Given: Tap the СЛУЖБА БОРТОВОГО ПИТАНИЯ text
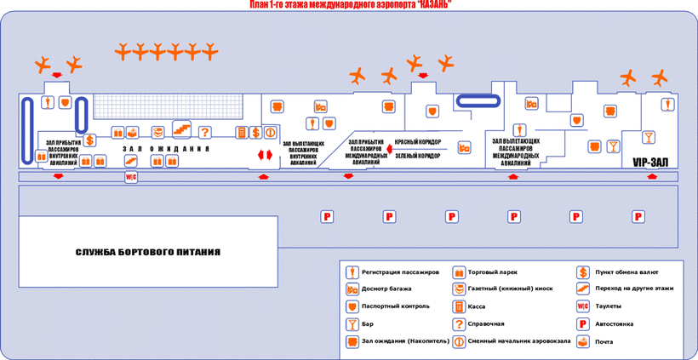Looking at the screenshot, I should coord(148,252).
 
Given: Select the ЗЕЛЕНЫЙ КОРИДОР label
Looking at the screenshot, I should coord(417,156).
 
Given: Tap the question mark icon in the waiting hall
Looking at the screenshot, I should coord(204,132).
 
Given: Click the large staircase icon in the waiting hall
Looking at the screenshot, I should coord(182,129).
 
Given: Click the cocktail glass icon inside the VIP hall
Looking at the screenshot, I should coord(649,137).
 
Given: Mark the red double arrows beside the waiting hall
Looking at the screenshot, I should coord(265,155).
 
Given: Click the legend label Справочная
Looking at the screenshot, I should coord(486,323).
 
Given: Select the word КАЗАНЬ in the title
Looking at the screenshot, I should coord(429,5).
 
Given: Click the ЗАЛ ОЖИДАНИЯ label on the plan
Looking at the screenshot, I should coord(166,149).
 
